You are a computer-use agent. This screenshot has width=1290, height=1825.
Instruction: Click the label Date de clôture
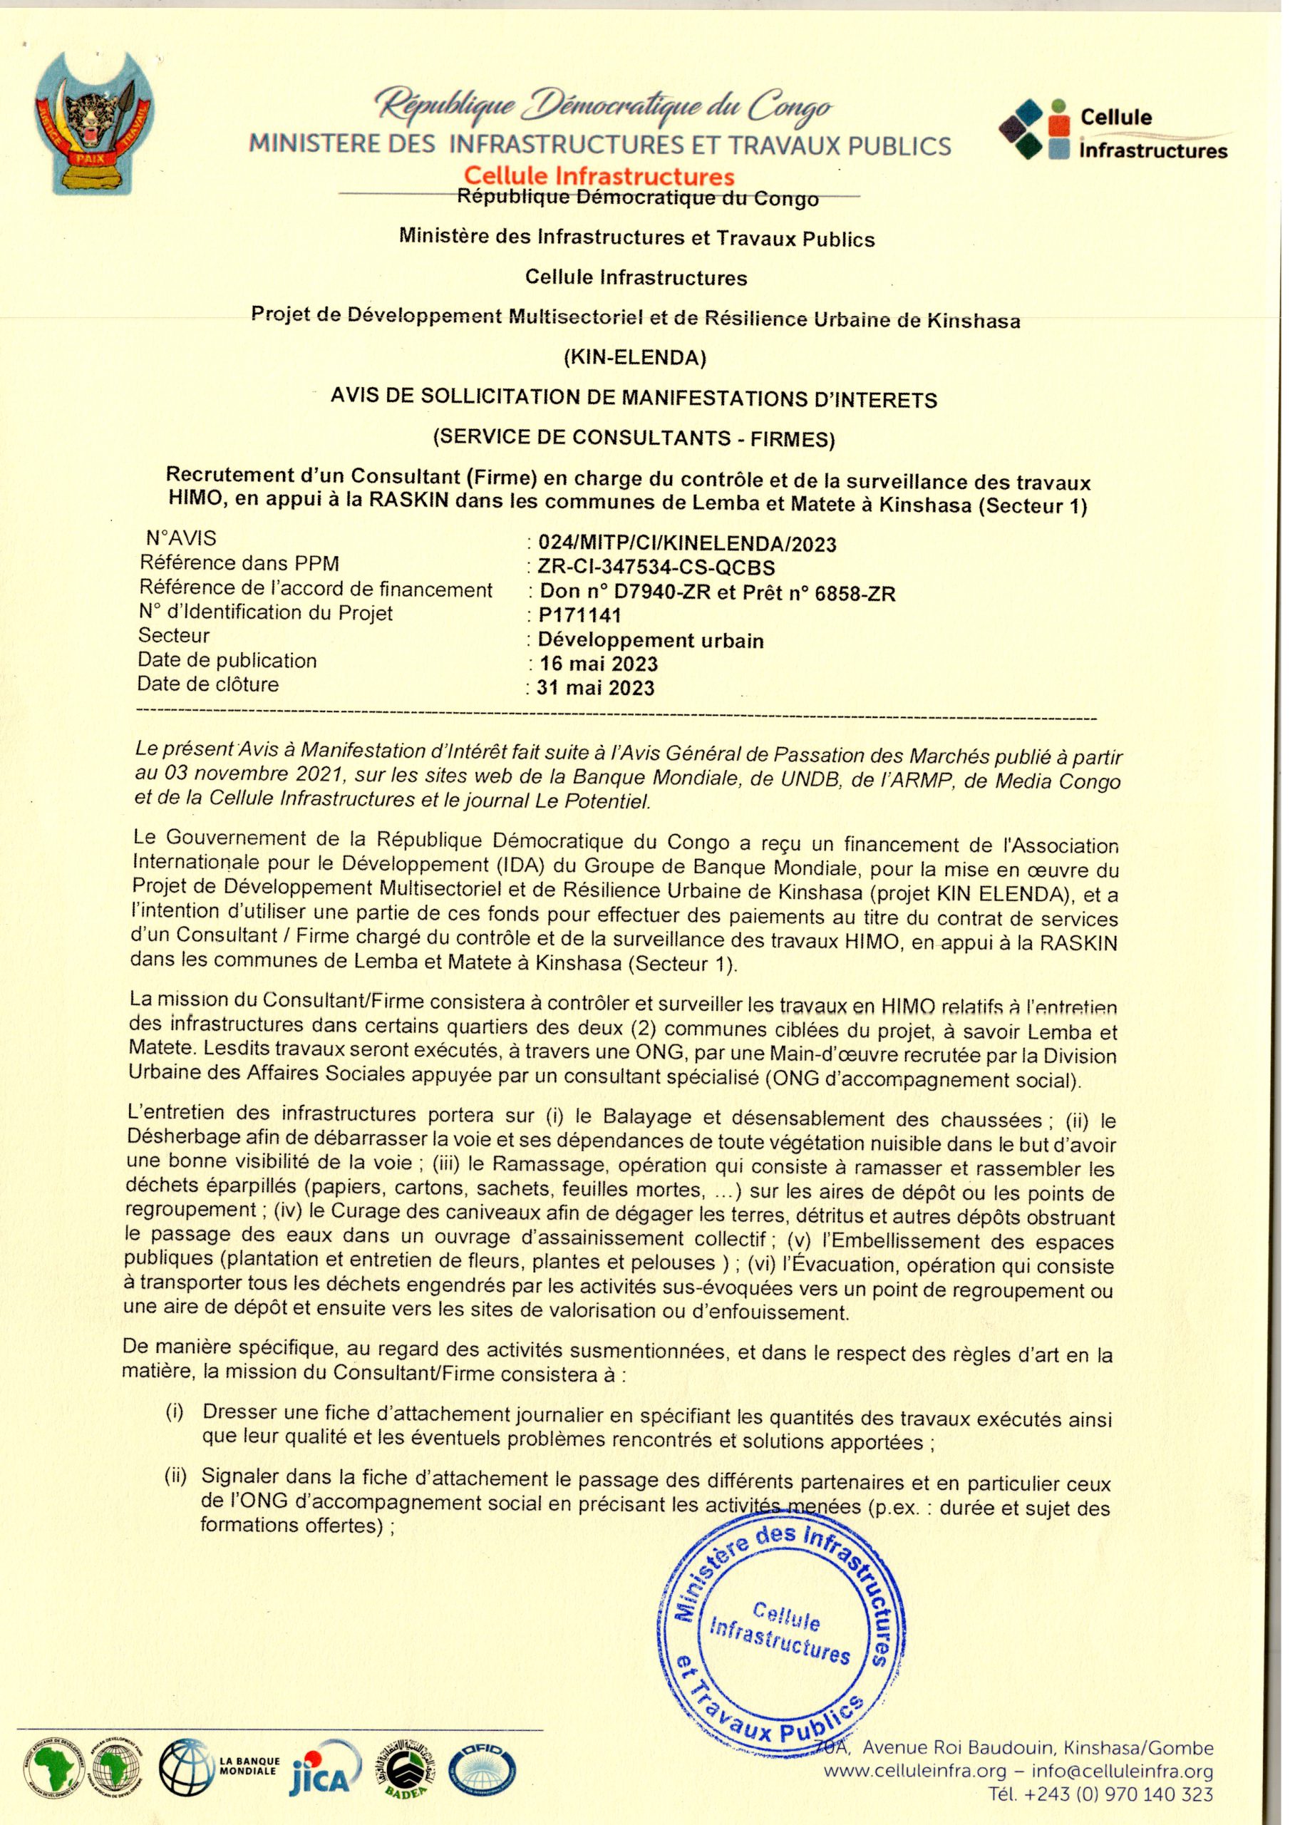pyautogui.click(x=208, y=684)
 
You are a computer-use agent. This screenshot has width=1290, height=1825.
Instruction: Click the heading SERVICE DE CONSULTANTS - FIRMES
pyautogui.click(x=634, y=437)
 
